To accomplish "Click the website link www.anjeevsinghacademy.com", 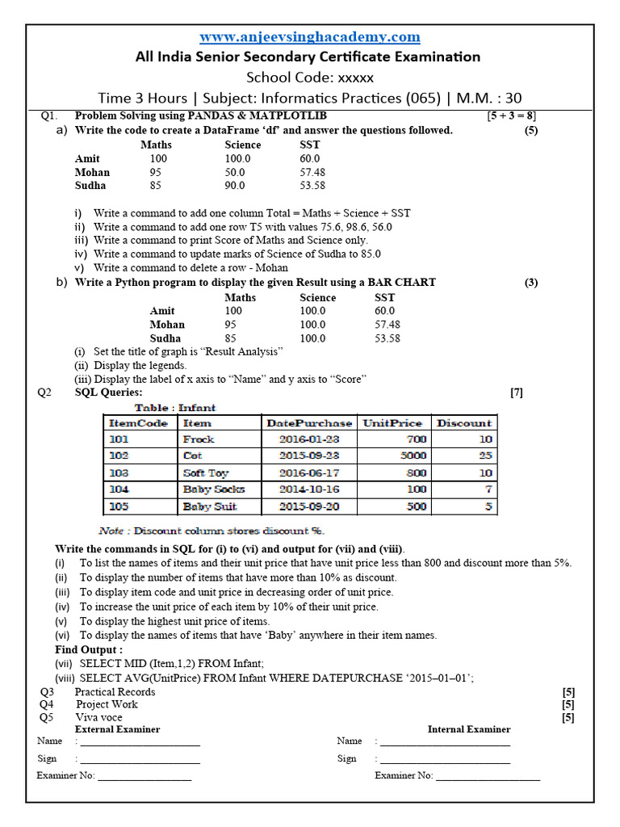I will coord(310,37).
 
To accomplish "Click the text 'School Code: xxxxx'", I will coord(310,78).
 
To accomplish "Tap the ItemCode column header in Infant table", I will coord(138,422).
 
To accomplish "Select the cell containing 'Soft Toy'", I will coord(206,473).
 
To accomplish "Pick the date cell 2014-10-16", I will coord(309,489).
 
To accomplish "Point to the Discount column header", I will coord(464,422).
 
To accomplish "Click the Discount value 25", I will coord(485,456).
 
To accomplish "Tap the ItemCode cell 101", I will coord(119,439).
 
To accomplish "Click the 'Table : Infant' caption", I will coord(175,408).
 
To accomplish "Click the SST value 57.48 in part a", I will coord(312,172).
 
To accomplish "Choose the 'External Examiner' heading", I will coord(117,729).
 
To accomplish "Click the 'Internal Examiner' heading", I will coord(468,729).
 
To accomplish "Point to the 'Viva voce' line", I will coord(99,717).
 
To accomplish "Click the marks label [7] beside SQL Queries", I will coord(517,393).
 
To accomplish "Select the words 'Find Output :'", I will coord(89,649).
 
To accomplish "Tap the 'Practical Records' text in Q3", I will coord(115,692).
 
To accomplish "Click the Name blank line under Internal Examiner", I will coord(445,741).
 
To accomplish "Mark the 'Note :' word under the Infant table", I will coord(111,531).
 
